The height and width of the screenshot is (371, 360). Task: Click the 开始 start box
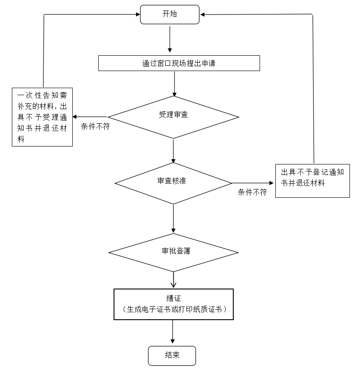pos(170,14)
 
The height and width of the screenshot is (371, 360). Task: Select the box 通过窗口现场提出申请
pos(179,63)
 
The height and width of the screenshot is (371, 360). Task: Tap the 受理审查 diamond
pos(173,117)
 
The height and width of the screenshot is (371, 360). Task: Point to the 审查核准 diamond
pos(173,183)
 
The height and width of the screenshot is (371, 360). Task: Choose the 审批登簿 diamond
pos(173,253)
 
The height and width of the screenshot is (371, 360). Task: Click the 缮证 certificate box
pos(174,304)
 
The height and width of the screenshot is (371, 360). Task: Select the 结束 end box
pos(172,356)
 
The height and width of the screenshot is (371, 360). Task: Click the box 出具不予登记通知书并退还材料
pos(313,181)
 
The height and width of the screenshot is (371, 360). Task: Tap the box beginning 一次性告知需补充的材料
pos(43,117)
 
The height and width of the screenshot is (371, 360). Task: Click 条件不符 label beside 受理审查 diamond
pos(95,126)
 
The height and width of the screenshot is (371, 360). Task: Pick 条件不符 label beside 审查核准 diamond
pos(253,192)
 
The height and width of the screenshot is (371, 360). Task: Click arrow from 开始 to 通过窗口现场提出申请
pos(170,39)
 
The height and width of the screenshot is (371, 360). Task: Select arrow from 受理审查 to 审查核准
pos(173,151)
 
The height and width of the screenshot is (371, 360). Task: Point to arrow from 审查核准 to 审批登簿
pos(173,219)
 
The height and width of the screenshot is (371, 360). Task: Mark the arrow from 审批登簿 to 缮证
pos(173,280)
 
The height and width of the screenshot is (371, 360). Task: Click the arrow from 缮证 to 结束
pos(173,332)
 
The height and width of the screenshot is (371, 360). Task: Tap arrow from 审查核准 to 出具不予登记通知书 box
pos(253,183)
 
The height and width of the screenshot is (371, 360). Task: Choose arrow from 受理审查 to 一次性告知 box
pos(90,117)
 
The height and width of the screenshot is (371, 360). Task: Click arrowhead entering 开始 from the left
pos(138,14)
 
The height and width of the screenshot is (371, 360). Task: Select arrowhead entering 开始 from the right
pos(202,14)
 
